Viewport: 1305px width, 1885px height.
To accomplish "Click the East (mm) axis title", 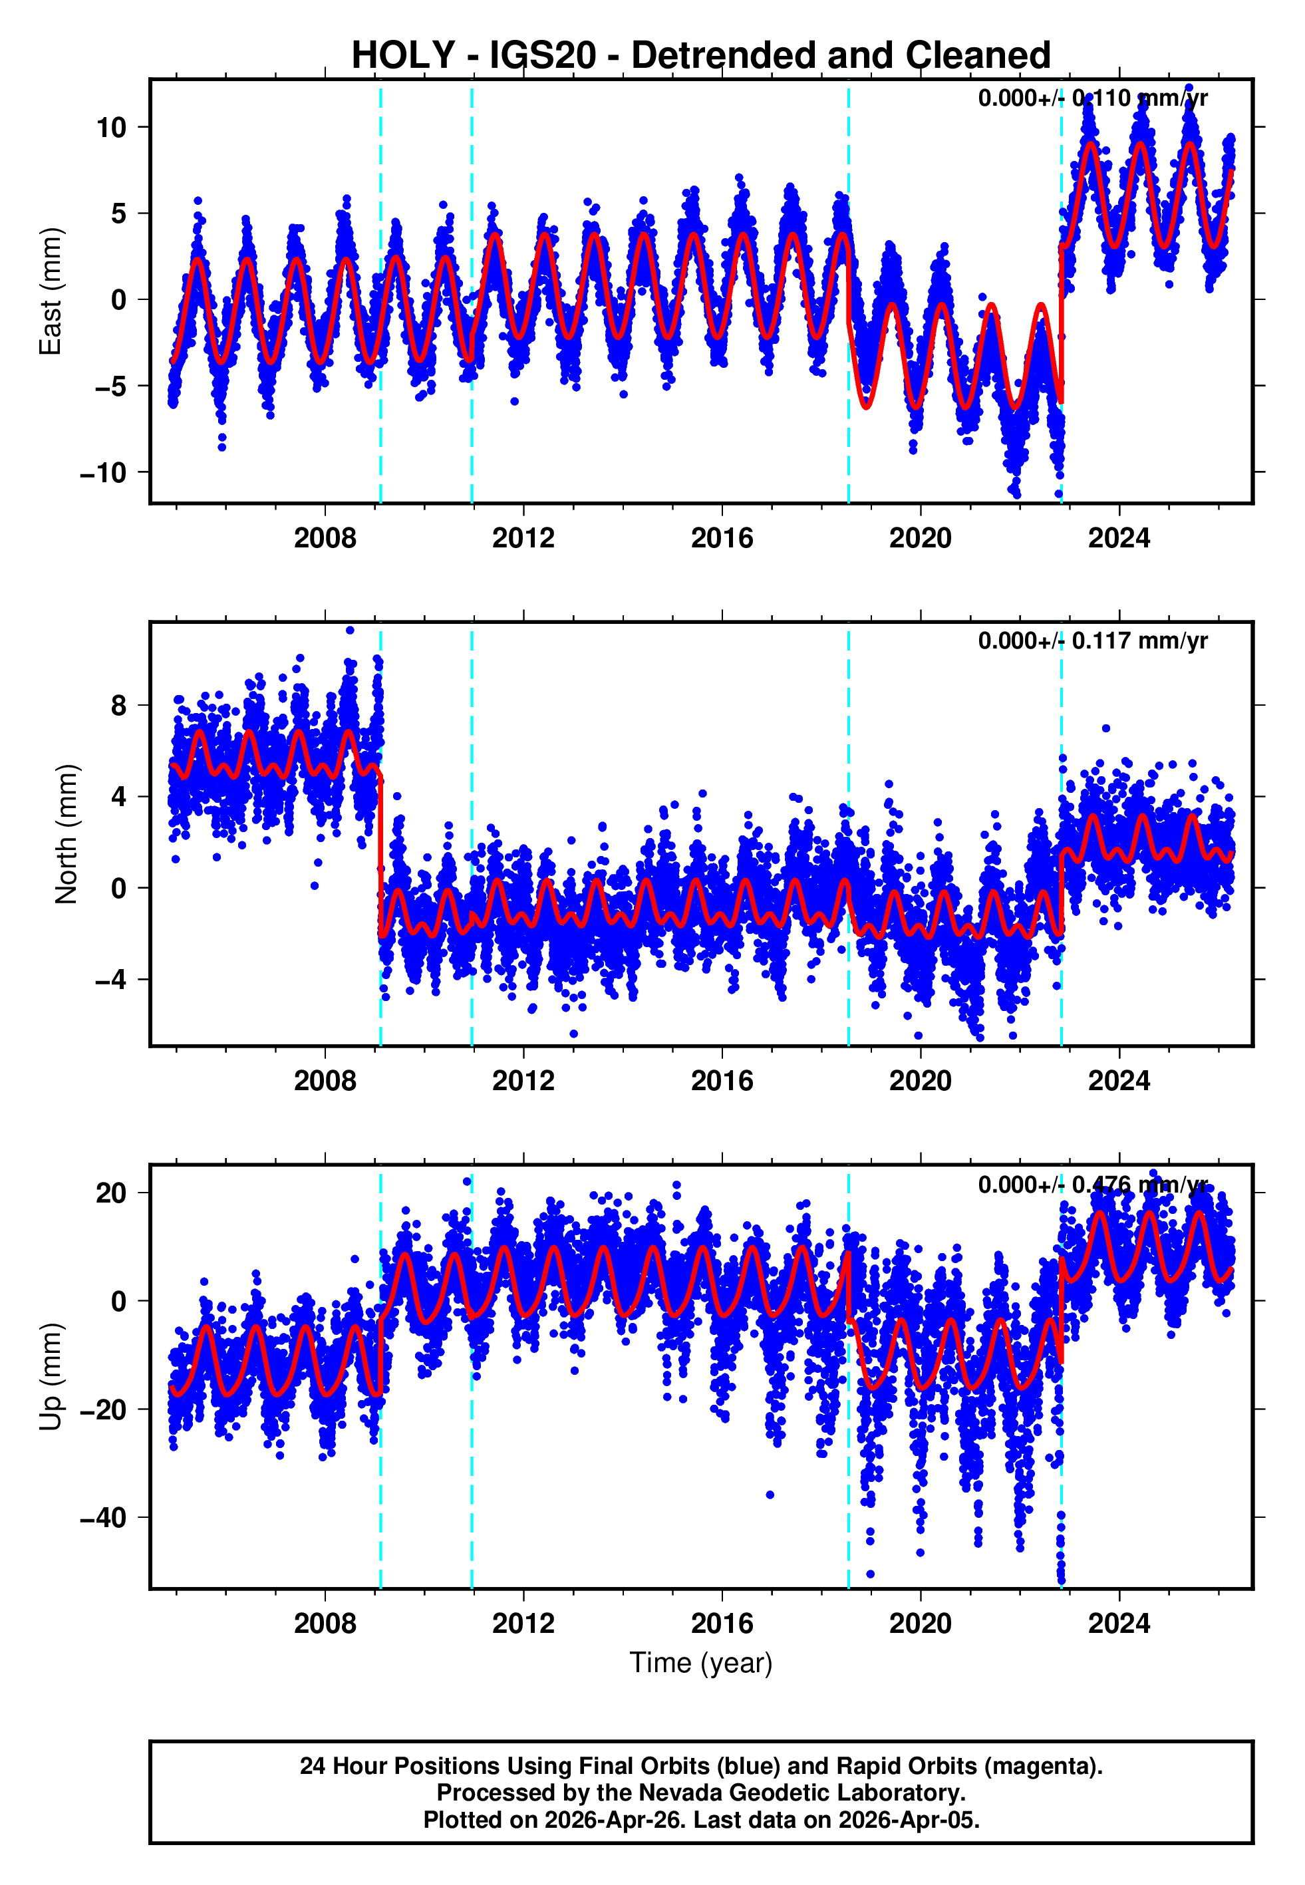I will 51,291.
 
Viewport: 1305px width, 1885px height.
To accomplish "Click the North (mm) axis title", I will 65,834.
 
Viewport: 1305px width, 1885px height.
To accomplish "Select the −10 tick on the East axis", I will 103,472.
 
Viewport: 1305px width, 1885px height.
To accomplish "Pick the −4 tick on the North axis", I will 111,979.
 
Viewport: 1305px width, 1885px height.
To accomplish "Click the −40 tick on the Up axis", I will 103,1518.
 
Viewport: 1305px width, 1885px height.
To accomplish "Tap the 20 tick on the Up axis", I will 111,1193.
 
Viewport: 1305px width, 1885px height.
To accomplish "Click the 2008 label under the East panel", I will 325,538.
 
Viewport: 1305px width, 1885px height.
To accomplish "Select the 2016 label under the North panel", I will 721,1081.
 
